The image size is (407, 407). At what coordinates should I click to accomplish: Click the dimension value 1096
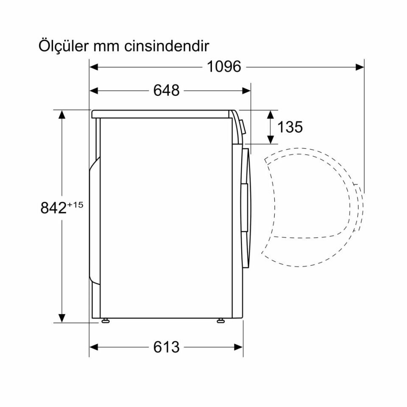(224, 67)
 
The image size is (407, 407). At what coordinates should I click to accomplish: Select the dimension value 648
(167, 90)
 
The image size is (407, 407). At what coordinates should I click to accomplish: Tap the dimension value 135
(290, 127)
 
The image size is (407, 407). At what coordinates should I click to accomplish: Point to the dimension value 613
(167, 347)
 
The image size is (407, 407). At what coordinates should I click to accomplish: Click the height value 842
(53, 208)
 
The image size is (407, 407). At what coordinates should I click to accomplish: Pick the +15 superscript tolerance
(75, 205)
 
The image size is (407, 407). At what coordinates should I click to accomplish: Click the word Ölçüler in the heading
(62, 46)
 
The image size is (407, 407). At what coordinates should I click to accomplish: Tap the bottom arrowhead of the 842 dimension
(62, 318)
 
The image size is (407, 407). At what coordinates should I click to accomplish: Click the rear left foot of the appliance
(104, 321)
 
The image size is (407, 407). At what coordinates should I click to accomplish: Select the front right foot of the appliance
(220, 321)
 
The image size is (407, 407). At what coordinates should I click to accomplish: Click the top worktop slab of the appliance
(161, 114)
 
